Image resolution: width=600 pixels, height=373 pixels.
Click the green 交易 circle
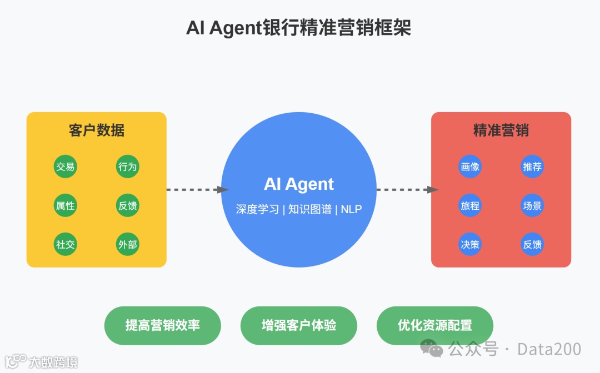coord(66,167)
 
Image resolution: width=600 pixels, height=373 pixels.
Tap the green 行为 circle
coord(127,167)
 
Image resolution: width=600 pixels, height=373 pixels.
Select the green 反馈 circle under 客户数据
coord(127,206)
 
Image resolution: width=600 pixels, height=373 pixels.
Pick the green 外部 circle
coord(127,244)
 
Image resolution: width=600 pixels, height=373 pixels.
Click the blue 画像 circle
coord(470,167)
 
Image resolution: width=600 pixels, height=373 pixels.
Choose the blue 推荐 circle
coord(532,167)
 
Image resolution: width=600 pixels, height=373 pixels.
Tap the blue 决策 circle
coord(470,244)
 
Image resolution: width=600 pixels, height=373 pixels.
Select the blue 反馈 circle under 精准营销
coord(532,244)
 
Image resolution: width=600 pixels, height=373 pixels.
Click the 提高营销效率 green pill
coord(163,325)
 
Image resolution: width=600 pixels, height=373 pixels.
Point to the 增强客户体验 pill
coord(299,325)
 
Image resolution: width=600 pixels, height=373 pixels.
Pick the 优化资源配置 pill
coord(435,325)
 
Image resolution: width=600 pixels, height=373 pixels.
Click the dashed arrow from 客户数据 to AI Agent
coord(196,190)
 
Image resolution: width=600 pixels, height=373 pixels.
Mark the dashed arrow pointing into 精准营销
coord(406,190)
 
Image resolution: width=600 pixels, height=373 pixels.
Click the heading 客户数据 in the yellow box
coord(97,130)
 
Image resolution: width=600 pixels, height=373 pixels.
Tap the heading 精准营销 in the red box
coord(501,130)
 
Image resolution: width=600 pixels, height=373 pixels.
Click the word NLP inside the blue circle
coord(351,209)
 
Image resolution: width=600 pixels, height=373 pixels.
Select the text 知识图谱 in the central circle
coord(309,209)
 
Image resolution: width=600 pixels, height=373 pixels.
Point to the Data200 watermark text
coord(549,349)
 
